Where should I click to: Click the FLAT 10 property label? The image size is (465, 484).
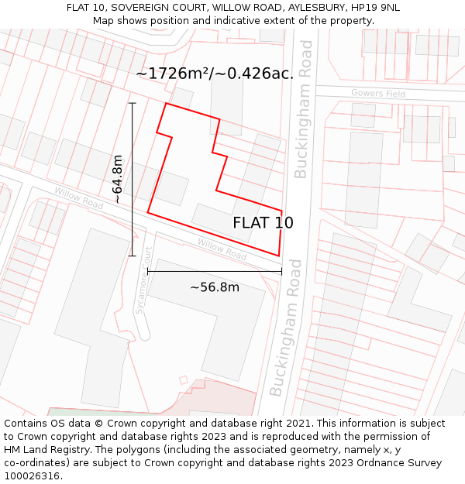263,223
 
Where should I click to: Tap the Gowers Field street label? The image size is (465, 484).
378,94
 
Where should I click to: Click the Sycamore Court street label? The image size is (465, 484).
141,287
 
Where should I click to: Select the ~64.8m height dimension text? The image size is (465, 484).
117,179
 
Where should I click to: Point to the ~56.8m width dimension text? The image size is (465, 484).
215,287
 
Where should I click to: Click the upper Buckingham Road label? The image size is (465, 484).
304,108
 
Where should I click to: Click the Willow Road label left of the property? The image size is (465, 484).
78,198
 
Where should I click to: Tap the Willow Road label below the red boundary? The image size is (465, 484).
222,249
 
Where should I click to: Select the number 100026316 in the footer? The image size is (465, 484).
33,476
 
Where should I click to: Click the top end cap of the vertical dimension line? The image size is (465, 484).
133,103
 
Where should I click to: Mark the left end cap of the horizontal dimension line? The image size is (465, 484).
147,272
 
